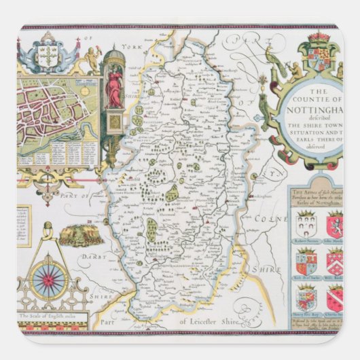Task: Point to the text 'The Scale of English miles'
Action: pos(49,316)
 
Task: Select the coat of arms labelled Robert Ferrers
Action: pos(305,223)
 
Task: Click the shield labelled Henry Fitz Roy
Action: pos(305,297)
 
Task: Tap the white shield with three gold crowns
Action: pos(47,56)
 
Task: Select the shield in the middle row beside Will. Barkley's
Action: pos(305,261)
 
